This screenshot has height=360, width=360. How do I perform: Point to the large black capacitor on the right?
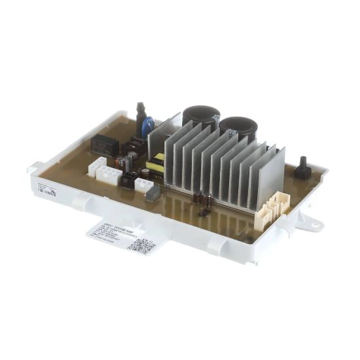pyautogui.click(x=238, y=126)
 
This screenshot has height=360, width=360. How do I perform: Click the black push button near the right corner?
pyautogui.click(x=302, y=168)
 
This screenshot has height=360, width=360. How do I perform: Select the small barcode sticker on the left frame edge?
pyautogui.click(x=46, y=191)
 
